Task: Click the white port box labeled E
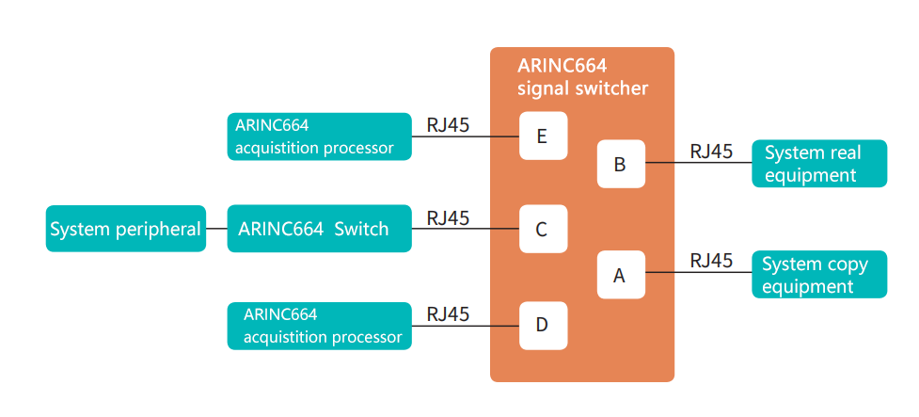[544, 136]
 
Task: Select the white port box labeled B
[621, 164]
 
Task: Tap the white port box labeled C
[544, 229]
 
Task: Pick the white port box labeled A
[621, 275]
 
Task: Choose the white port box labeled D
[544, 326]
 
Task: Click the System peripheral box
[126, 228]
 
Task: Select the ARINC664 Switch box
[320, 228]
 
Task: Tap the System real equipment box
[819, 164]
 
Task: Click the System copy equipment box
[819, 275]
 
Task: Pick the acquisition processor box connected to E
[320, 136]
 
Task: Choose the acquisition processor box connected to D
[320, 326]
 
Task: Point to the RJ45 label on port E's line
[449, 125]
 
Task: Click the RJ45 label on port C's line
[449, 217]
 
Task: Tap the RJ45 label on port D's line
[449, 314]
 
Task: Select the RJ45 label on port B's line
[711, 152]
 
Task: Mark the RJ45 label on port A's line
[711, 261]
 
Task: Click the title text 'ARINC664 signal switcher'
[582, 76]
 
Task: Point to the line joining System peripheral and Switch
[217, 228]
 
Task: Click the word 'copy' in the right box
[847, 265]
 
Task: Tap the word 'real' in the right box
[845, 153]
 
